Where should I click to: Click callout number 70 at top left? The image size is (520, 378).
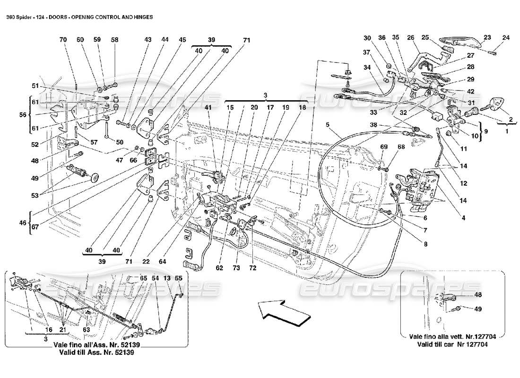tap(63, 40)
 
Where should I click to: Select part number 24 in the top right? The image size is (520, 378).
tap(506, 37)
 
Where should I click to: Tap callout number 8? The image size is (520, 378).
tap(425, 244)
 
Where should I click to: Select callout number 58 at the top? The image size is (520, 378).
tap(114, 40)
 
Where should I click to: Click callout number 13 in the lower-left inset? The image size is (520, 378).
tap(166, 279)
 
